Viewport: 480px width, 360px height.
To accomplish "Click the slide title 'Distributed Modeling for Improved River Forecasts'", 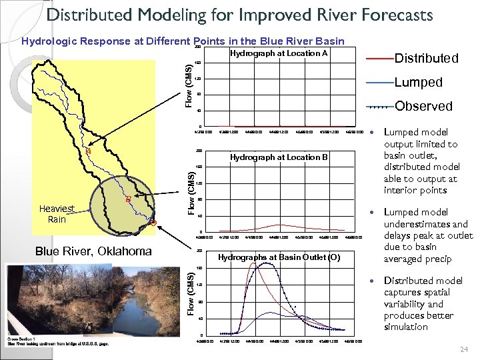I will pos(240,15).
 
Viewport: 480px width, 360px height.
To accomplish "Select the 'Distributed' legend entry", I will pos(427,59).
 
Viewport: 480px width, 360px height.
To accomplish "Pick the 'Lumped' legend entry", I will pos(418,83).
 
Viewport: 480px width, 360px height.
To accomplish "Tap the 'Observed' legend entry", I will pos(423,106).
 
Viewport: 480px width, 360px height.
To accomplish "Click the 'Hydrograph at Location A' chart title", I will pos(279,53).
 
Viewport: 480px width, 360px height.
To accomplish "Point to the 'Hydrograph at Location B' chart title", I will pos(279,157).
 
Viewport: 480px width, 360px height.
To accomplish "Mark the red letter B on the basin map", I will pos(128,199).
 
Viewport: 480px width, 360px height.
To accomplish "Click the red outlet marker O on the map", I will pos(153,223).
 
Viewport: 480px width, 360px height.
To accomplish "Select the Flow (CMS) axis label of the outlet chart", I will pos(191,293).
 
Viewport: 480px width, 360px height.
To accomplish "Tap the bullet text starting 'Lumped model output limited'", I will pos(421,161).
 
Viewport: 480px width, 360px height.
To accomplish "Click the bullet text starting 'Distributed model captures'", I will pos(421,303).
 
